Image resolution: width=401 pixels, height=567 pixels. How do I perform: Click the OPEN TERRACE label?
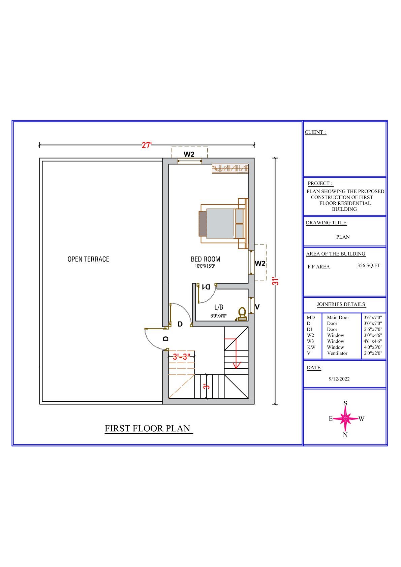(x=88, y=259)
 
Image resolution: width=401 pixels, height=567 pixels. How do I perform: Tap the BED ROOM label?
(x=206, y=259)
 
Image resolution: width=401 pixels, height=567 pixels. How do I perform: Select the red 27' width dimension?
(x=147, y=145)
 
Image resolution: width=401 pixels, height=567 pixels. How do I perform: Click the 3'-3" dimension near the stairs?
(x=182, y=357)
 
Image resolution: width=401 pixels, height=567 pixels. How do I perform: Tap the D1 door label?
(x=206, y=287)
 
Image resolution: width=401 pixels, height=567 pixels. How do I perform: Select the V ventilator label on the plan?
(x=257, y=307)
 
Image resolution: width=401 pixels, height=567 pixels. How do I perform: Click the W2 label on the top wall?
(x=189, y=154)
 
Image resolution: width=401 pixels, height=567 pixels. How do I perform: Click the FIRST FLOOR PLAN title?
(x=148, y=429)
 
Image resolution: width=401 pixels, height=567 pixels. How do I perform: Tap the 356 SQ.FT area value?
(x=369, y=265)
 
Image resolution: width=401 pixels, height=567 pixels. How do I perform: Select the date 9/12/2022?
(x=339, y=379)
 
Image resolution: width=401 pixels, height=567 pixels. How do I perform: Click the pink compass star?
(x=345, y=419)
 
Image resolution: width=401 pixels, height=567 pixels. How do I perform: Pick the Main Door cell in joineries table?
(x=338, y=318)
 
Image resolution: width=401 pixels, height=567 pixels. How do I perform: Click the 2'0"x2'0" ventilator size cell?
(x=373, y=353)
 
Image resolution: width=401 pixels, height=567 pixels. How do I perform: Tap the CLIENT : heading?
(x=315, y=132)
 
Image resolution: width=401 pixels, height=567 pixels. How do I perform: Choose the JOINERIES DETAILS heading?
(x=341, y=304)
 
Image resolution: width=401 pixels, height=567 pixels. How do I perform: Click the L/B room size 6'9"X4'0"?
(x=218, y=316)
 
